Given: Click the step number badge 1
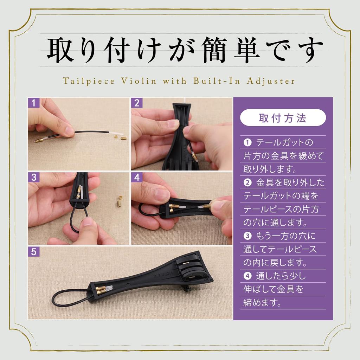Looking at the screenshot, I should (33, 103).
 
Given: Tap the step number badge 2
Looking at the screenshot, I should (137, 103).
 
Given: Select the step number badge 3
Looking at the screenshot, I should (33, 177).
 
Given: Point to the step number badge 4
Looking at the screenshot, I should (137, 177).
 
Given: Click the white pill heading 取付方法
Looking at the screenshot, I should (283, 118).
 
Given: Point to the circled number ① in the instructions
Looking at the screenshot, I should (247, 143).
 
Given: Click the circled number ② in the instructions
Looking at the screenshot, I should (247, 183).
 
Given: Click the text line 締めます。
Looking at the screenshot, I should (263, 303).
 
